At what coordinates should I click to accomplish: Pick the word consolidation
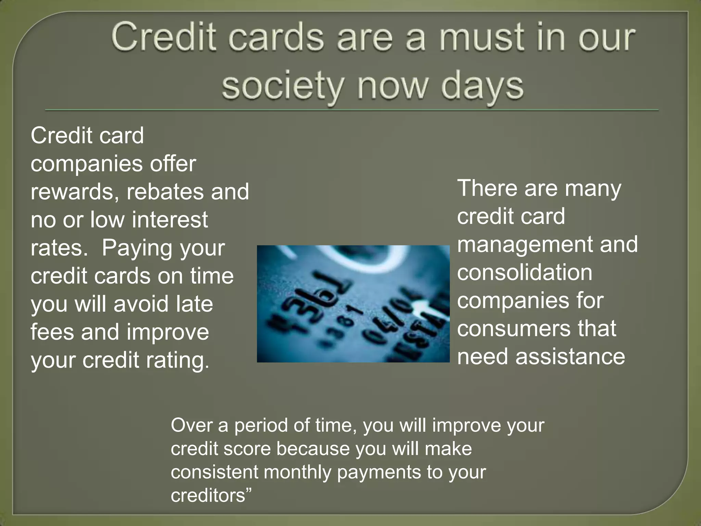(x=524, y=273)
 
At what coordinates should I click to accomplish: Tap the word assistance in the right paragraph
(x=570, y=357)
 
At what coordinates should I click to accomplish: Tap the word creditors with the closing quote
(x=211, y=496)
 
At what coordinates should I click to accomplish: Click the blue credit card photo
(x=353, y=304)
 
